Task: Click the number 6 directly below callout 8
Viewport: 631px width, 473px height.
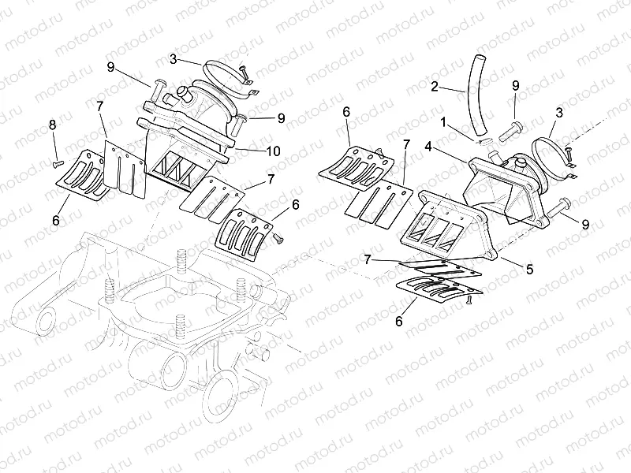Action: coord(55,221)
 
